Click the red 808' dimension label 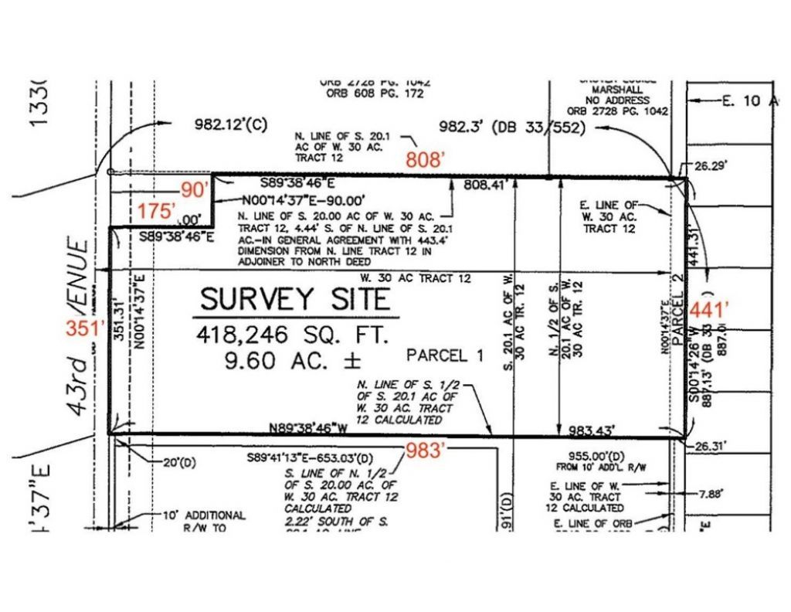[x=426, y=160]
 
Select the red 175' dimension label [x=158, y=210]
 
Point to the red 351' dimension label [x=85, y=328]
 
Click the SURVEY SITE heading [x=296, y=298]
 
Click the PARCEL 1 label [x=445, y=355]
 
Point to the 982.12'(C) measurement [x=231, y=125]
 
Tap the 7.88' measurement [x=710, y=493]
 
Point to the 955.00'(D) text [x=589, y=456]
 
